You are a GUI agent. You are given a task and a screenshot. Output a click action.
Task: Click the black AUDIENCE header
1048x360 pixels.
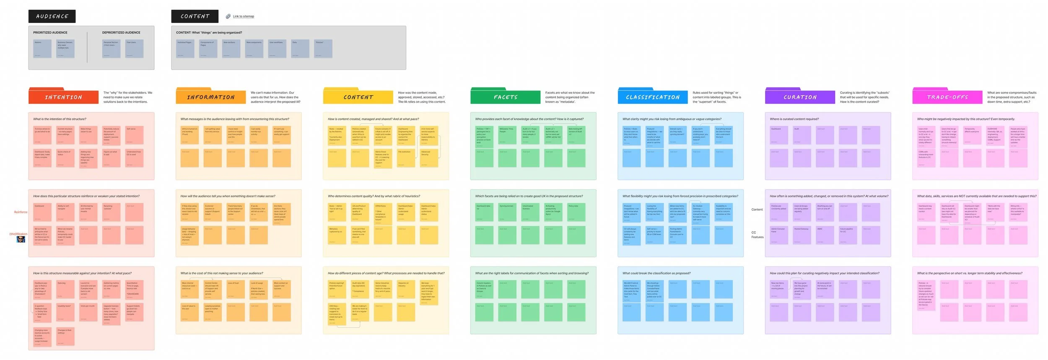coord(52,16)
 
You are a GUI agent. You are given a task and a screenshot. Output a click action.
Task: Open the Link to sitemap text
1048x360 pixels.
coord(244,16)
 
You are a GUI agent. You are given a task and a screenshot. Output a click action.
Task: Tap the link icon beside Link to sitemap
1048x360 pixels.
coord(228,16)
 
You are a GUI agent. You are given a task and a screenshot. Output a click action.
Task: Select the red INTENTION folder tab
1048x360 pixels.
coord(63,97)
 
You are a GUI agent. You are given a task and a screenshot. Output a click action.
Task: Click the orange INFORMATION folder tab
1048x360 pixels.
coord(210,97)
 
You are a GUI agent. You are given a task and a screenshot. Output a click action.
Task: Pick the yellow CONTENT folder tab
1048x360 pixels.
coord(358,97)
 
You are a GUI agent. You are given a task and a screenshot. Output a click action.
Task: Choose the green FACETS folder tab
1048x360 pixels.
coord(505,97)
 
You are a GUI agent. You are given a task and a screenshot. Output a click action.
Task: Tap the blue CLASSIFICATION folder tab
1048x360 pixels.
coord(652,97)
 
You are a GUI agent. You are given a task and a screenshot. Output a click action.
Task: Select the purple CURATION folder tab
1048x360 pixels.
coord(800,97)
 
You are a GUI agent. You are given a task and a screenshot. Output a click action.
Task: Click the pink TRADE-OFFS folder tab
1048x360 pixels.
coord(947,97)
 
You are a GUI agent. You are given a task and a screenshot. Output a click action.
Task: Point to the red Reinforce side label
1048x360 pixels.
coord(21,212)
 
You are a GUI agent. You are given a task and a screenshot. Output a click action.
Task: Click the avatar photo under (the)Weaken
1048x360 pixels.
coord(21,239)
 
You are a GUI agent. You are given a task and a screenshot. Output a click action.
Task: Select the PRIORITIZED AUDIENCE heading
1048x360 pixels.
coord(50,32)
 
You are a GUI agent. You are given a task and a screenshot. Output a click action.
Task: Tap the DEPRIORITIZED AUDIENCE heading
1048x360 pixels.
coord(121,32)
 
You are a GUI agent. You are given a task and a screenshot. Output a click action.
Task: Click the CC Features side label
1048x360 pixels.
coord(757,235)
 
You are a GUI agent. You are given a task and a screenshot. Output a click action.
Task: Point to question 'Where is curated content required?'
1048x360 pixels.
coord(794,119)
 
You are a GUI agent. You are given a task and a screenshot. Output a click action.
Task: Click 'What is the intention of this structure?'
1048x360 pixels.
coord(60,119)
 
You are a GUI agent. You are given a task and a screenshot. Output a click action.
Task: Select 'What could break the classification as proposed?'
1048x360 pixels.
coord(656,273)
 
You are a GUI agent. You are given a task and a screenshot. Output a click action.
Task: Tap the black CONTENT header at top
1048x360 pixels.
coord(195,16)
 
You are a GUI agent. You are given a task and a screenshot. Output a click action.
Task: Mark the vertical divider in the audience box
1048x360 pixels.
coord(87,47)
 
